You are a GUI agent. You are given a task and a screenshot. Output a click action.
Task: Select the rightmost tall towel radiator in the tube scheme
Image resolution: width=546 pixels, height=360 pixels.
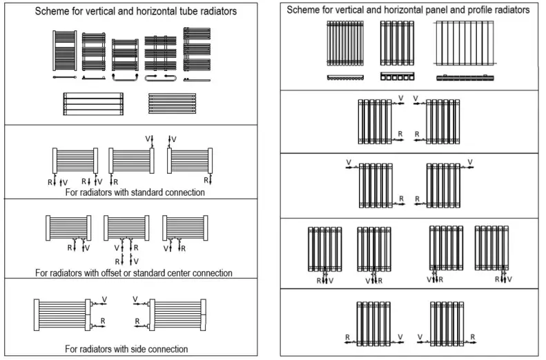pyautogui.click(x=196, y=51)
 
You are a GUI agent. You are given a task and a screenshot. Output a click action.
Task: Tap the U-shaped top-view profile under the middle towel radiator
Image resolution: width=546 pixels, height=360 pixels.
pyautogui.click(x=125, y=78)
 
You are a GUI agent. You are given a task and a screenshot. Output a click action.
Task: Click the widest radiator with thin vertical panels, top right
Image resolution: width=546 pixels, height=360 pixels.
pyautogui.click(x=465, y=43)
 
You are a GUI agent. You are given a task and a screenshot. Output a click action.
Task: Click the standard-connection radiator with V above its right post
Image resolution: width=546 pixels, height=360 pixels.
pyautogui.click(x=131, y=161)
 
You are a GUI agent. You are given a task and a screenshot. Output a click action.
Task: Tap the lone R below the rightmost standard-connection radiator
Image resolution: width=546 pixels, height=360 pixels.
pyautogui.click(x=206, y=181)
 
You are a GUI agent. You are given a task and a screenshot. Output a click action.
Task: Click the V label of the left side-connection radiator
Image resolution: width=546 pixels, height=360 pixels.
pyautogui.click(x=104, y=299)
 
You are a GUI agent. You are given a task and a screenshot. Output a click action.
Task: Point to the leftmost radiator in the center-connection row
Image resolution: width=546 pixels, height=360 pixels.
pyautogui.click(x=68, y=227)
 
